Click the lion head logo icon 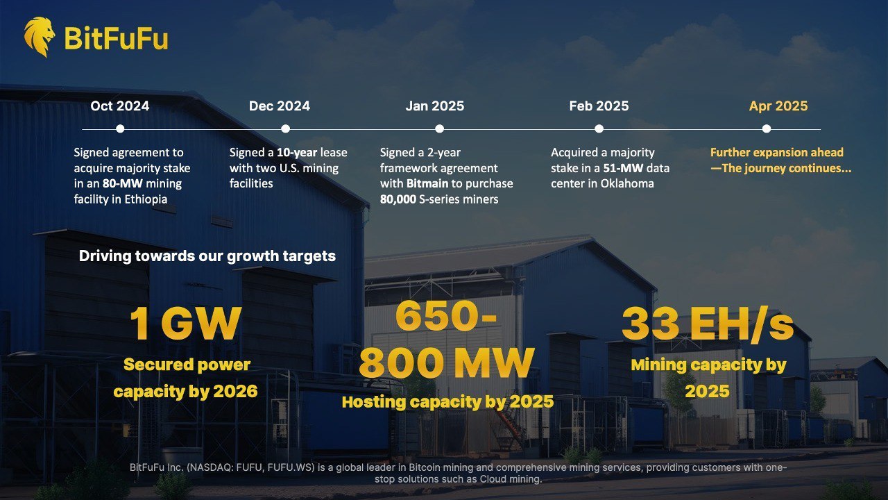pos(40,37)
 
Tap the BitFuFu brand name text pos(116,38)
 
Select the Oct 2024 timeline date pos(120,106)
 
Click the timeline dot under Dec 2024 pos(285,128)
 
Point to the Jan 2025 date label pos(435,106)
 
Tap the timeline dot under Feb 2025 pos(599,128)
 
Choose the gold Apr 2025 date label pos(778,106)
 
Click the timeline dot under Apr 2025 pos(767,128)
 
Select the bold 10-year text pos(297,153)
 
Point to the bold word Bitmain pos(427,184)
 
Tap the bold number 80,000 pos(398,199)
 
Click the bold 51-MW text pos(623,168)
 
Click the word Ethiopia pos(146,199)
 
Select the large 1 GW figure pos(185,324)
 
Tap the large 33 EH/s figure pos(708,324)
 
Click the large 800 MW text pos(447,362)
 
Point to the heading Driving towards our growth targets pos(207,256)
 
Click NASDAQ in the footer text pos(210,467)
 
